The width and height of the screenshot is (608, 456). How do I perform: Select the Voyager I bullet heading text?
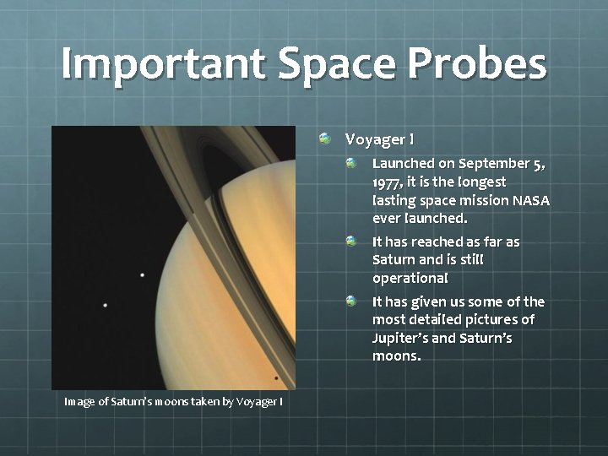(x=379, y=138)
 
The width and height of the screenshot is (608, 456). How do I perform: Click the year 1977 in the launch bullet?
(x=388, y=182)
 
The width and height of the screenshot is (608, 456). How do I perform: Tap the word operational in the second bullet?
(x=410, y=278)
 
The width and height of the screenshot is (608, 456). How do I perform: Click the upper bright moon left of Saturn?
(x=142, y=275)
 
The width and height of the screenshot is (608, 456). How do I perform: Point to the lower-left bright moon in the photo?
(x=105, y=305)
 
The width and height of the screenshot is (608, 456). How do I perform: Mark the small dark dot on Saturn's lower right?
(x=276, y=377)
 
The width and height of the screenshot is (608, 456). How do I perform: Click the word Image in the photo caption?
(x=80, y=401)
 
